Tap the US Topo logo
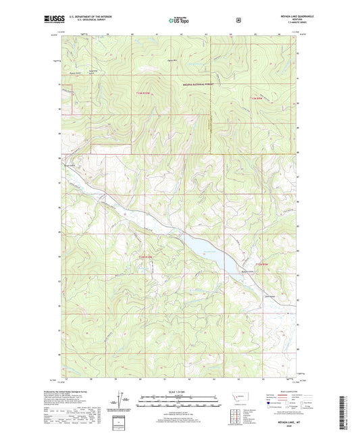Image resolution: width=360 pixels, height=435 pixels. click(x=179, y=21)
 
